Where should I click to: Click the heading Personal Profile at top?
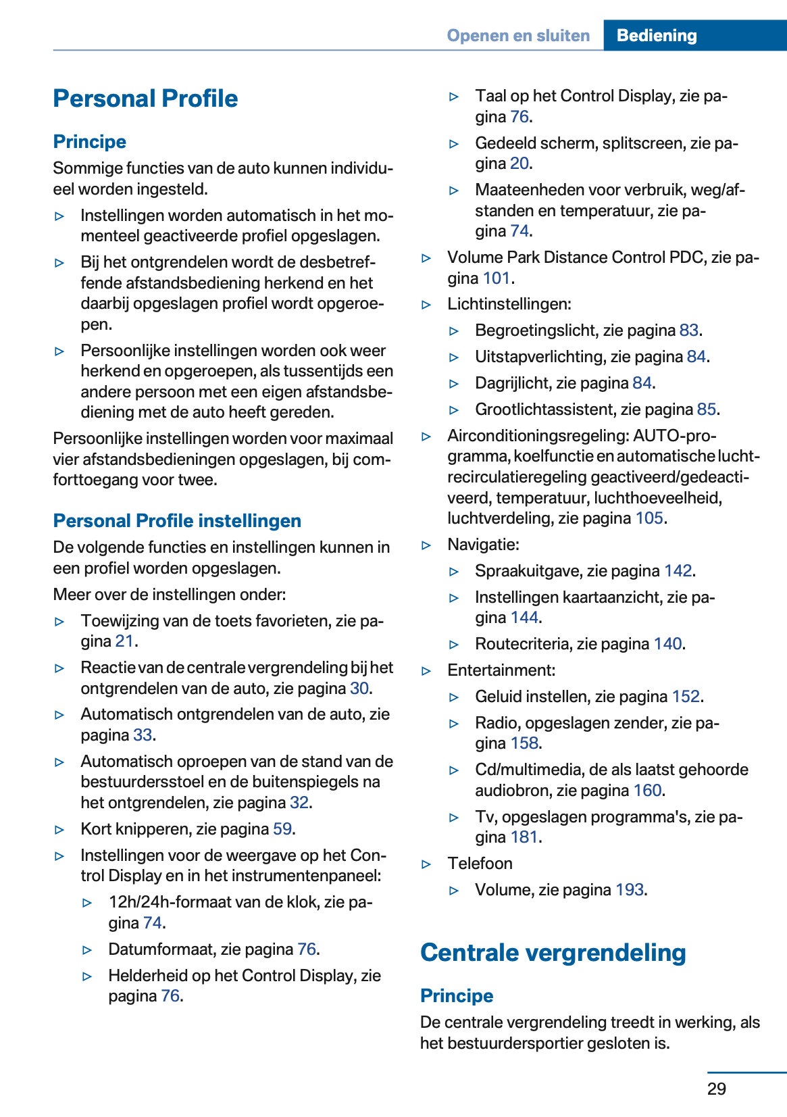145,99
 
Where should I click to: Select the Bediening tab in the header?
656,35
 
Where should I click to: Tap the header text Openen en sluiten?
518,35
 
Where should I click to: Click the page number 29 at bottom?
716,1089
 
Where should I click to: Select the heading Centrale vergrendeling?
553,952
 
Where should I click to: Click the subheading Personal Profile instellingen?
177,520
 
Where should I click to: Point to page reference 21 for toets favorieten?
124,641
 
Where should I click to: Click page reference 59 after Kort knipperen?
282,829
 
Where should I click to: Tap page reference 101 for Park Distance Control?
496,278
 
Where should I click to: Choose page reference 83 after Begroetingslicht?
688,330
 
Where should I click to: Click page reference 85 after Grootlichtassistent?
706,409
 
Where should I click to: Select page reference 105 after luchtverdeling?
649,518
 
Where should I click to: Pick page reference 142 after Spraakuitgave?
678,571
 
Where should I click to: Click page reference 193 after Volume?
629,890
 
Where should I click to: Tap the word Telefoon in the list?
480,864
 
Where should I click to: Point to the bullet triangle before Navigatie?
426,545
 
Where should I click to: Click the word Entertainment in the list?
501,670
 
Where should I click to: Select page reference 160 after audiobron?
647,791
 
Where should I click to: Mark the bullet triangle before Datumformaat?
87,950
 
